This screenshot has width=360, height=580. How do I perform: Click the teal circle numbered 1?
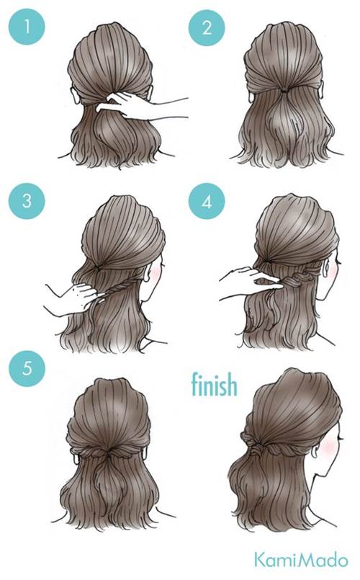click(x=27, y=27)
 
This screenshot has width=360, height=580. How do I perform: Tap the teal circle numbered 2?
click(x=207, y=28)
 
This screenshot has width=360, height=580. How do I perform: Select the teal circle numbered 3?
click(x=27, y=201)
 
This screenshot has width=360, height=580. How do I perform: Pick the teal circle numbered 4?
click(x=207, y=201)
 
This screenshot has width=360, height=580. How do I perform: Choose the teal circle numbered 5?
click(x=27, y=368)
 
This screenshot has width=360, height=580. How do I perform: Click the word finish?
click(x=215, y=384)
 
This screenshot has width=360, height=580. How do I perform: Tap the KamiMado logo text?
click(x=300, y=560)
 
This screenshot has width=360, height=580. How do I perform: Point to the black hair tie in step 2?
click(x=283, y=90)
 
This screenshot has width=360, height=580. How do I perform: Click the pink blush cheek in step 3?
click(x=156, y=273)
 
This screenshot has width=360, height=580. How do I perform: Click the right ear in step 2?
click(x=320, y=88)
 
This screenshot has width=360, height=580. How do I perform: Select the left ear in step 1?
click(x=75, y=94)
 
